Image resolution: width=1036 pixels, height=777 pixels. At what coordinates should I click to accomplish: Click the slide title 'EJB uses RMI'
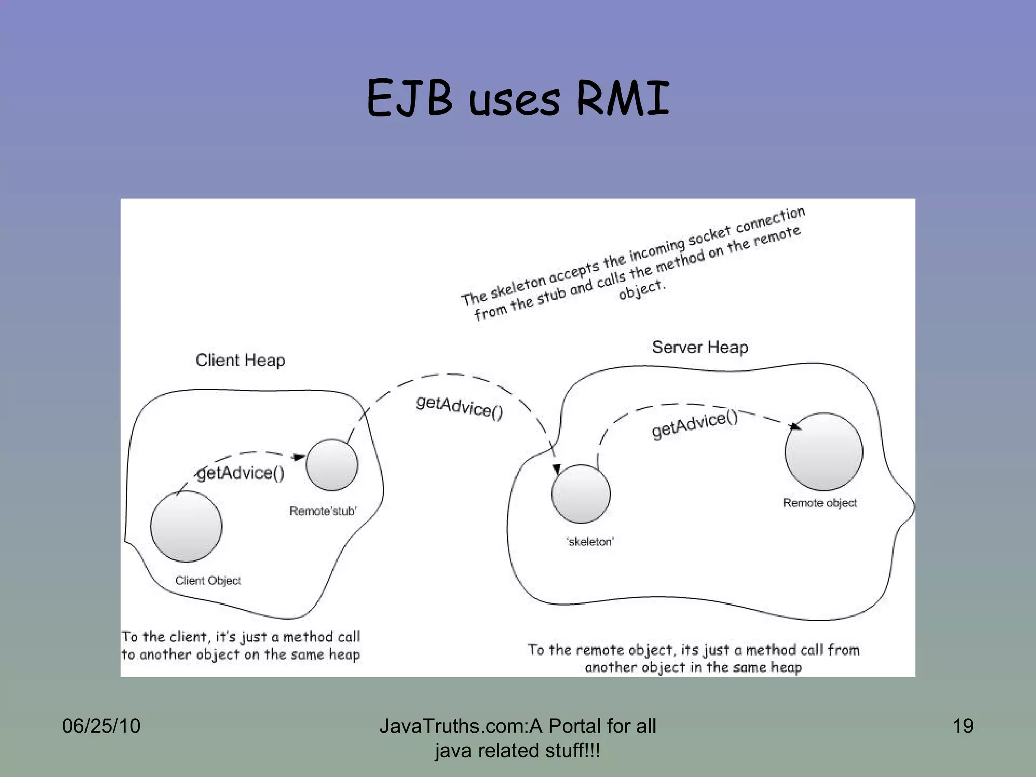tap(518, 99)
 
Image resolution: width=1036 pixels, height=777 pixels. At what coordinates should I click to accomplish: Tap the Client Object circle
tap(186, 526)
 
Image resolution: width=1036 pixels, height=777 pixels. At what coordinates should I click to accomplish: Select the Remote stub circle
tap(332, 464)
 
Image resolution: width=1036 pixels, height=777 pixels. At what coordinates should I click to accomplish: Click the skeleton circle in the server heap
tap(581, 494)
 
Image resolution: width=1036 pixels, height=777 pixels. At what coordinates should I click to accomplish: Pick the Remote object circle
tap(824, 452)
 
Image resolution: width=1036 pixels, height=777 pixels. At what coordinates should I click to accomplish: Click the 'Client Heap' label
tap(240, 360)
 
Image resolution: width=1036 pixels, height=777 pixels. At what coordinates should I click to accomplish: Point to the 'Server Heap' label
tap(700, 347)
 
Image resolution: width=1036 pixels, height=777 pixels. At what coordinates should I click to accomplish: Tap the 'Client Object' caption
tap(208, 581)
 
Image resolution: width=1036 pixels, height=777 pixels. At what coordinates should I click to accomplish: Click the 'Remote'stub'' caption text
tap(323, 511)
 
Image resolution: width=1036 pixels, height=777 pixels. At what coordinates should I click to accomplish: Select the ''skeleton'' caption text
tap(590, 542)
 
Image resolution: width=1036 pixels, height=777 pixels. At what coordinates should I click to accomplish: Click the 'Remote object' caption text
tap(819, 503)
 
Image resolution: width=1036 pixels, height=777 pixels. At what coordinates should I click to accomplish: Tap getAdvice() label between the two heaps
tap(459, 408)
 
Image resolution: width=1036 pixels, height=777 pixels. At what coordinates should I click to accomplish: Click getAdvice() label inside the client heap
tap(241, 473)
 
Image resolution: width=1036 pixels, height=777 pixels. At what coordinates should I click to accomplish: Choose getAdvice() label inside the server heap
tap(695, 424)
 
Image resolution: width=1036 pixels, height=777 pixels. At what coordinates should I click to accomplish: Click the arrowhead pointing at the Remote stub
tap(299, 457)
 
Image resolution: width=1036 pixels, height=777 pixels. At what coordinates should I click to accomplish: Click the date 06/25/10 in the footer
tap(101, 726)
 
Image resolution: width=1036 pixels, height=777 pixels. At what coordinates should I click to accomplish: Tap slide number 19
tap(963, 726)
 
